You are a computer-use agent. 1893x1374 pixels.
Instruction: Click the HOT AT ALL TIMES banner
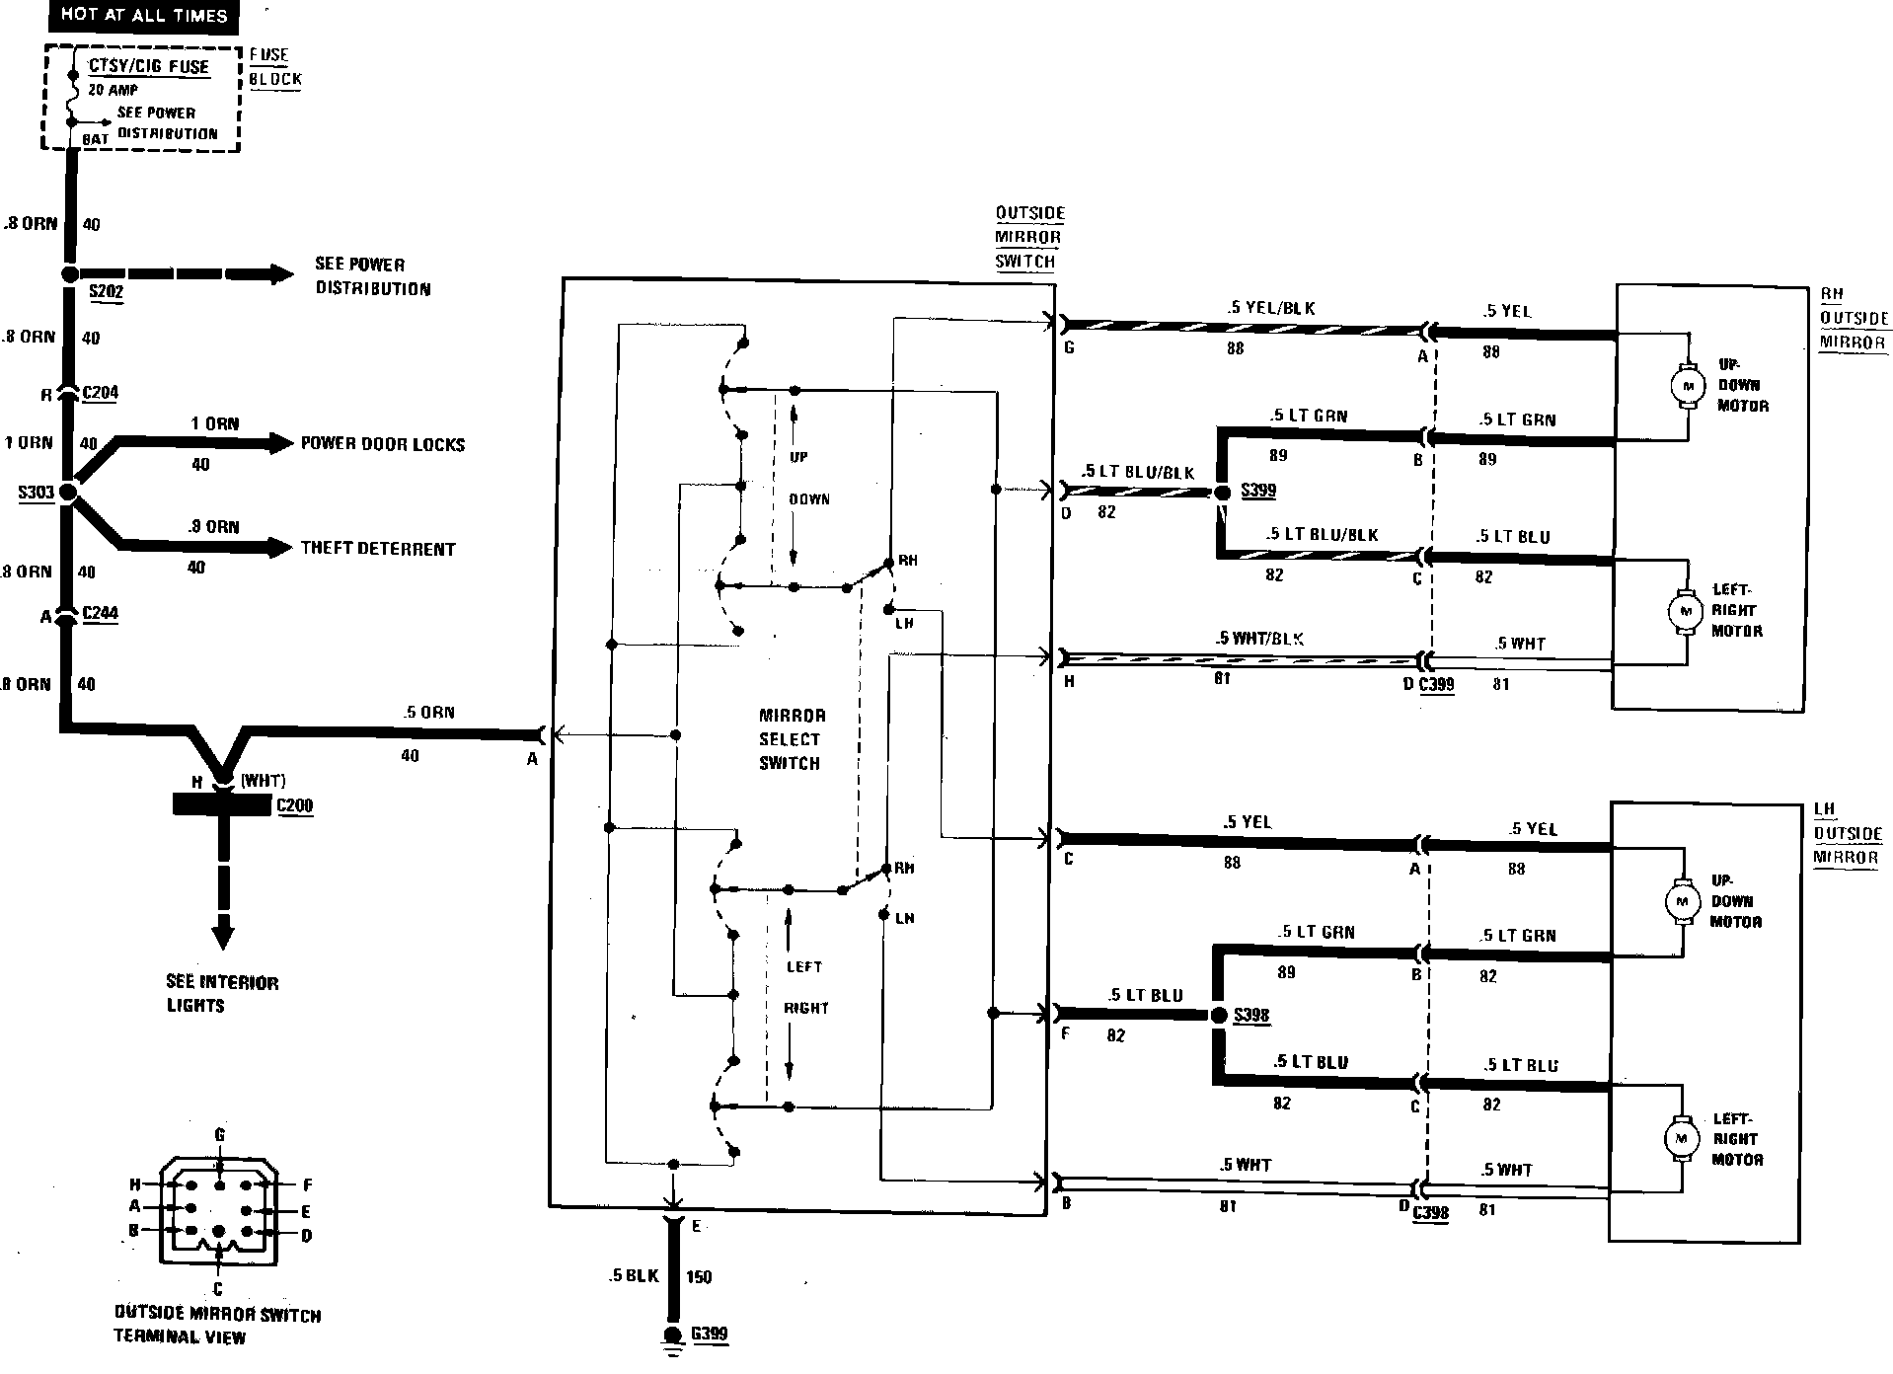point(144,15)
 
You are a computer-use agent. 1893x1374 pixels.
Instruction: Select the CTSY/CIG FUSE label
point(149,67)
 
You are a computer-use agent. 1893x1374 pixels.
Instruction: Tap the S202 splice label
point(107,292)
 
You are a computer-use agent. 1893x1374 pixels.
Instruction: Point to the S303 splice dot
point(68,492)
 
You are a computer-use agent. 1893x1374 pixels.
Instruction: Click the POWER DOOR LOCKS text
point(383,444)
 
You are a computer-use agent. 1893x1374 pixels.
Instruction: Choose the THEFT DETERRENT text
point(378,549)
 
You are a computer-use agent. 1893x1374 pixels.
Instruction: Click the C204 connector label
point(100,393)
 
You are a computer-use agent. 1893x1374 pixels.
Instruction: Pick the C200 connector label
point(294,805)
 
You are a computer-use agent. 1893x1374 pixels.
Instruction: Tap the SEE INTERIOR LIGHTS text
point(222,994)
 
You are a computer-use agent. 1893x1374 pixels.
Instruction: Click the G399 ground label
point(709,1335)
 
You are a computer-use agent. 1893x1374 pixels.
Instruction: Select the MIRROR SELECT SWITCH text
point(791,739)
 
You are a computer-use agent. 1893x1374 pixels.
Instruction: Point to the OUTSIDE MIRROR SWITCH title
point(1029,237)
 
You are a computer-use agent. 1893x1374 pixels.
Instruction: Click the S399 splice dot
point(1222,492)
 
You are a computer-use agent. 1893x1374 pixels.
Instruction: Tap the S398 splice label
point(1251,1015)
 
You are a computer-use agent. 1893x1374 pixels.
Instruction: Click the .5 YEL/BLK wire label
point(1271,308)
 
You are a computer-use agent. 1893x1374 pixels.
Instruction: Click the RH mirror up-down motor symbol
point(1687,384)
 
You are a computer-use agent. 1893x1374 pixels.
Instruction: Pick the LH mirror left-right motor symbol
point(1680,1139)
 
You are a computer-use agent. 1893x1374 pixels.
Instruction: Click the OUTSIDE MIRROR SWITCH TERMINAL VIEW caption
point(217,1326)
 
